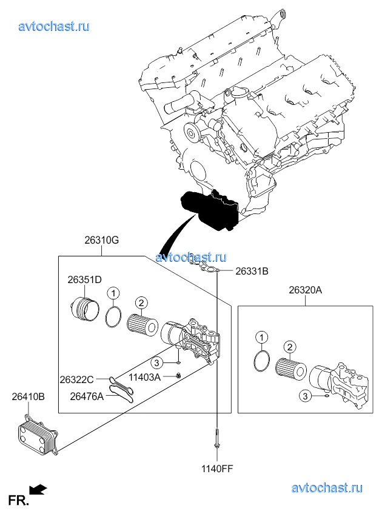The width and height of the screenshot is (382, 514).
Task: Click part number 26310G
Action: pyautogui.click(x=102, y=240)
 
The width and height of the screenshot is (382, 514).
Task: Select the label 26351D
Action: pyautogui.click(x=85, y=279)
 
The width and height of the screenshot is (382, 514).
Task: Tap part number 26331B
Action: pyautogui.click(x=252, y=271)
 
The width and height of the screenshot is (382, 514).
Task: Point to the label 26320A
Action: pyautogui.click(x=305, y=290)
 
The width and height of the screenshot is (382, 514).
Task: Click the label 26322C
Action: pyautogui.click(x=77, y=379)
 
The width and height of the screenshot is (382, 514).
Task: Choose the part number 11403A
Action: pyautogui.click(x=144, y=377)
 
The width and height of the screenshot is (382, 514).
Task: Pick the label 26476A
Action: pyautogui.click(x=87, y=396)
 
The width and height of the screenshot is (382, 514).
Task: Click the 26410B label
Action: pyautogui.click(x=28, y=396)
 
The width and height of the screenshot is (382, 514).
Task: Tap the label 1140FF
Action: pyautogui.click(x=217, y=469)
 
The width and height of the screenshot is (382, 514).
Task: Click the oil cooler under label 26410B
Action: pyautogui.click(x=38, y=435)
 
